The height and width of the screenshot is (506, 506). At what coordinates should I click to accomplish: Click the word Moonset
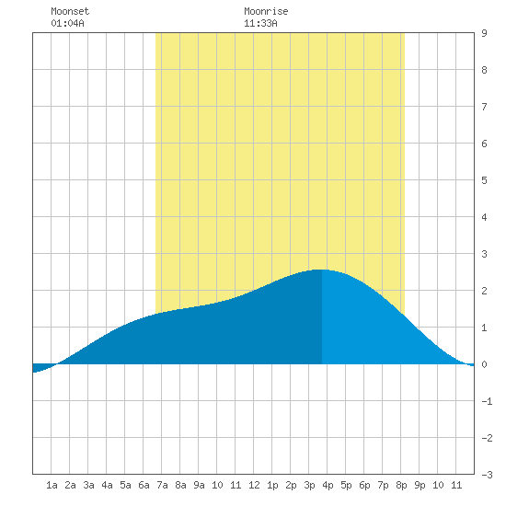point(70,11)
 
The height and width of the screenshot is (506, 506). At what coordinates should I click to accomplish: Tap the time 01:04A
point(67,23)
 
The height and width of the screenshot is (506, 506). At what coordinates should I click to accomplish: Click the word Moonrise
point(266,11)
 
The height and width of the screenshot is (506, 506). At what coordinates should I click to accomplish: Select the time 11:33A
point(260,23)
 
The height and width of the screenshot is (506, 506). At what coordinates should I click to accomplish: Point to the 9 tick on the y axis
point(484,33)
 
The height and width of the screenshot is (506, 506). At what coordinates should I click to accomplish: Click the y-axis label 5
point(484,180)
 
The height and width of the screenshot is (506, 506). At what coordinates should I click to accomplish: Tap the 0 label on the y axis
point(484,364)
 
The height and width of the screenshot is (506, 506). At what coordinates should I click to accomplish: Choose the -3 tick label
point(487,475)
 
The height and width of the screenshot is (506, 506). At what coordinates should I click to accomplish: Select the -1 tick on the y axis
point(487,401)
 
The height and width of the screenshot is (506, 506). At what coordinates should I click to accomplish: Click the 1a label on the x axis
point(52,485)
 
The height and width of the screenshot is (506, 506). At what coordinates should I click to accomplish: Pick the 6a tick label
point(144,485)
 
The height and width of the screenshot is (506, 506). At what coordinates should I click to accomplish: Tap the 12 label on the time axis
point(254,485)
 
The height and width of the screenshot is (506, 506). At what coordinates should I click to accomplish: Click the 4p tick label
point(328,485)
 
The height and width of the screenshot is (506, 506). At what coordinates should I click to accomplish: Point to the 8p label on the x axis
point(401,485)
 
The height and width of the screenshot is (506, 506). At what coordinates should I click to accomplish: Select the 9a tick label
point(199,485)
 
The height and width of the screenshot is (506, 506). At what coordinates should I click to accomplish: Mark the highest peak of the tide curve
point(320,270)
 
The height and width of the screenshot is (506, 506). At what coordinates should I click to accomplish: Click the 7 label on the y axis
point(484,107)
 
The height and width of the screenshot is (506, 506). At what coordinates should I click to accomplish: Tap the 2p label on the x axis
point(291,485)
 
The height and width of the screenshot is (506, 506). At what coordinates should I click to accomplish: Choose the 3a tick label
point(88,485)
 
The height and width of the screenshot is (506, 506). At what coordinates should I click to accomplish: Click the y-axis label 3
point(484,254)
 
